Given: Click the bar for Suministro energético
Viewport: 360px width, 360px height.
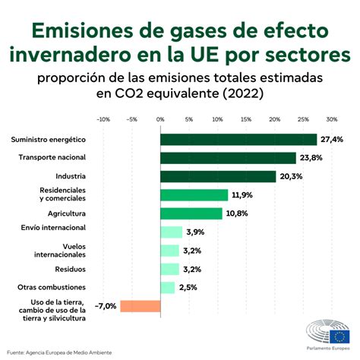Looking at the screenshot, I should tap(238, 140).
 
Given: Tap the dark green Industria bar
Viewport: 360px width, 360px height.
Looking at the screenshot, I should tap(218, 176).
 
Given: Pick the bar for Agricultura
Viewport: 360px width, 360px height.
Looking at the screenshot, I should tap(191, 213).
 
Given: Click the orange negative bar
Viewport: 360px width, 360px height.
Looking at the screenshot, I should tap(141, 306).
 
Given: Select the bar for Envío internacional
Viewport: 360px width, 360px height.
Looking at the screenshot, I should tap(171, 232).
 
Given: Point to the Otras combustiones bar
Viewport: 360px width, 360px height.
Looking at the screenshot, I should tap(167, 288).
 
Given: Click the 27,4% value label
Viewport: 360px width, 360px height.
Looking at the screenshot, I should tap(332, 140).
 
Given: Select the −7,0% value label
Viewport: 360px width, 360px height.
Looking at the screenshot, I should tap(105, 306).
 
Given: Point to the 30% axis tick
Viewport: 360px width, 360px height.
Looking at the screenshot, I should tap(332, 119).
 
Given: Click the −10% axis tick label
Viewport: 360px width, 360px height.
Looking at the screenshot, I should tap(103, 119).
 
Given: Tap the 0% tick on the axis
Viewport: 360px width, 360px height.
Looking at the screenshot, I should tap(160, 119).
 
